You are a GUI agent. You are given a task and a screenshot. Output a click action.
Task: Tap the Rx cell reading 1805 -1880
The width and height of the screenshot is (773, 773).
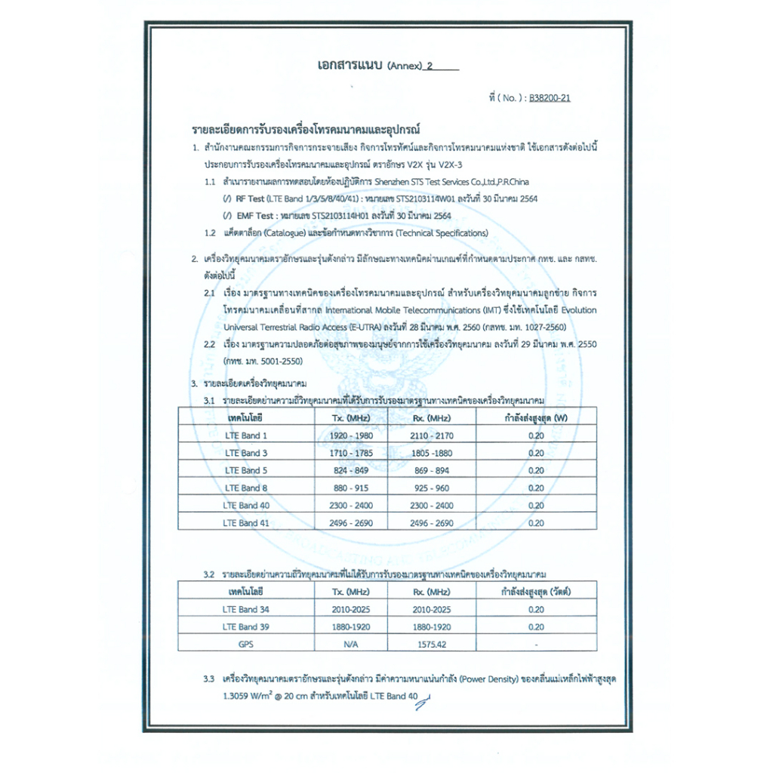tap(432, 453)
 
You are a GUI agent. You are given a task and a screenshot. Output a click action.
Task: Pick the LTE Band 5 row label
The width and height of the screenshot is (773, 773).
tap(246, 470)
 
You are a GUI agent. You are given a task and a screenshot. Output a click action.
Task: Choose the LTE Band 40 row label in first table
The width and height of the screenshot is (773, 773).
tap(246, 505)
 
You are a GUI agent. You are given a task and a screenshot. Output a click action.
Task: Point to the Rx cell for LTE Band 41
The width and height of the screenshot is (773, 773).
tap(432, 522)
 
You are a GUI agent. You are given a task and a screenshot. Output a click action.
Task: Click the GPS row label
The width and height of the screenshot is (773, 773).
tap(246, 644)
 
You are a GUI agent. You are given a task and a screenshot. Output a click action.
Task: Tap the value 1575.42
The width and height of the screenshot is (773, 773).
tap(432, 644)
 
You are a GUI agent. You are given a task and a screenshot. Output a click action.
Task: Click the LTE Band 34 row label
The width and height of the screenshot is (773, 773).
tap(246, 609)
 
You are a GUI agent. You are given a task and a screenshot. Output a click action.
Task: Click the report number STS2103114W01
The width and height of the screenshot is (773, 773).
tap(427, 198)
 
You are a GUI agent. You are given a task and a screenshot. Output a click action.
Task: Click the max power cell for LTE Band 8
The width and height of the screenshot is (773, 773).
tap(535, 488)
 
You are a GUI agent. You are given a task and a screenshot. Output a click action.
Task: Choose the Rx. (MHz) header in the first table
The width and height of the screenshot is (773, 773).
tap(432, 417)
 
